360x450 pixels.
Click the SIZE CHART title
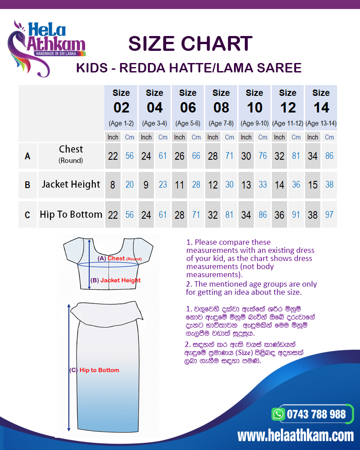coord(190,44)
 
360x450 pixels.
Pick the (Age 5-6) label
coord(188,123)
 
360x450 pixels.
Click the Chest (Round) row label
coord(71,154)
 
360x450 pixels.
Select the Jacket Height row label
coord(71,184)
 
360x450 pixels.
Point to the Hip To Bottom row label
coord(71,214)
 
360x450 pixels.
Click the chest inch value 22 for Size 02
coord(113,156)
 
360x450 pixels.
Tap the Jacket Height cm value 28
coord(196,184)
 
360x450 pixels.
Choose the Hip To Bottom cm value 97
coord(329,215)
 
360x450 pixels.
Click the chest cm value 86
coord(329,156)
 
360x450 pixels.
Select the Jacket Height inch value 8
coord(113,184)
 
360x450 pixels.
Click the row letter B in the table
coord(27,184)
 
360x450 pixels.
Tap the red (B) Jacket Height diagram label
coord(116,280)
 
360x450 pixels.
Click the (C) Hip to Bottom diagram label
coord(94,370)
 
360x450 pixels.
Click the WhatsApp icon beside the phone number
coord(279,414)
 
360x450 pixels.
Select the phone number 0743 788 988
coord(317,414)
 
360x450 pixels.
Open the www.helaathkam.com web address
coord(295,436)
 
